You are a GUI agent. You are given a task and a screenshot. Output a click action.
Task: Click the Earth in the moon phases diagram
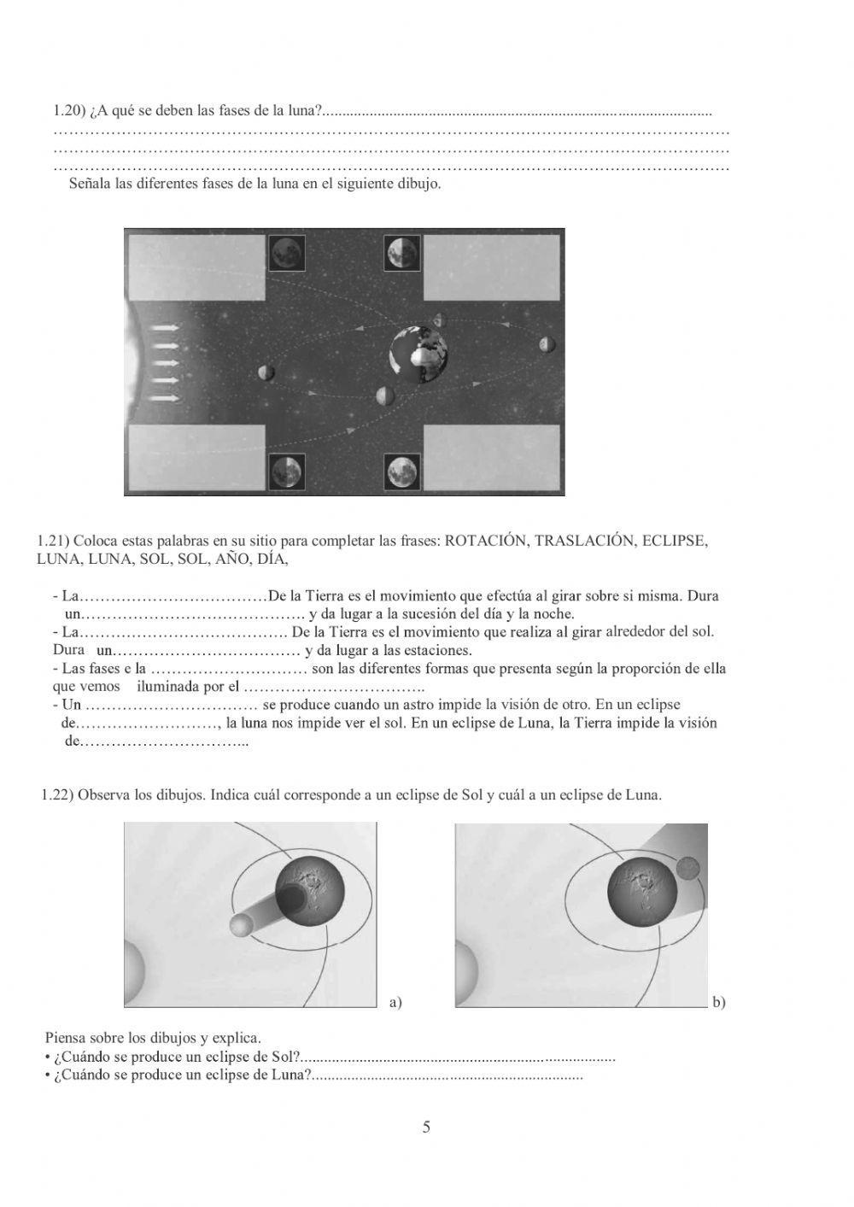418,353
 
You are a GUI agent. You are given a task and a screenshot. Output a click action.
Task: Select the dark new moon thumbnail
286,254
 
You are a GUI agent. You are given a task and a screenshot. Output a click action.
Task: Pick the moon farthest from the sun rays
547,344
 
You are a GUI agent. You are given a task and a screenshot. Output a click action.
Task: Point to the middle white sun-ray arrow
165,363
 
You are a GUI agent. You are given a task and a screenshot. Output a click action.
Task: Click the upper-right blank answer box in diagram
491,267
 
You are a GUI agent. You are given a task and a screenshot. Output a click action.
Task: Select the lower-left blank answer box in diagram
197,458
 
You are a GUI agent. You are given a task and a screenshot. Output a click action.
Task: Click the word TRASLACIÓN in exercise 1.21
584,542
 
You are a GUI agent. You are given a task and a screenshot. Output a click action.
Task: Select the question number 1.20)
71,110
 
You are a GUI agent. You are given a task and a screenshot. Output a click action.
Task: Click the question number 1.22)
58,795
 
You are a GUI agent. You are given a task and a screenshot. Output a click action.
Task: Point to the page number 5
426,1128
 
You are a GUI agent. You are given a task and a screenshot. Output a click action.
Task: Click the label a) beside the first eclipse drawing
395,1002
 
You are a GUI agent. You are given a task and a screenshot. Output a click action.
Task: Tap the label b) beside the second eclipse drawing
718,1002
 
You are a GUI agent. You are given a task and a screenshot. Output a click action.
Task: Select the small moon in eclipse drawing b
687,869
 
